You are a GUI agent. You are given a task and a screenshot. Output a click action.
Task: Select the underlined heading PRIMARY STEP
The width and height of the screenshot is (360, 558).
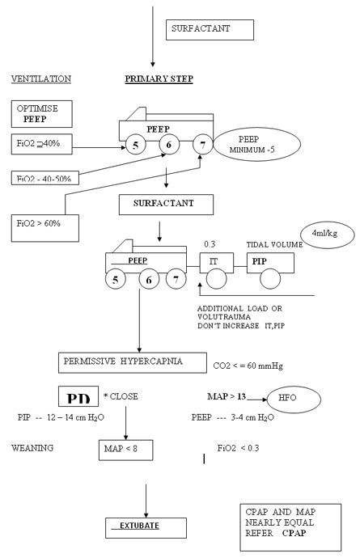pos(159,79)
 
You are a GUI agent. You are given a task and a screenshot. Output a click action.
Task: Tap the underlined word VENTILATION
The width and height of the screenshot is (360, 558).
pos(41,78)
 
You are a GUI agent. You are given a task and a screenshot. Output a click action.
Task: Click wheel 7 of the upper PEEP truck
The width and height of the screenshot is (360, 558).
pos(202,145)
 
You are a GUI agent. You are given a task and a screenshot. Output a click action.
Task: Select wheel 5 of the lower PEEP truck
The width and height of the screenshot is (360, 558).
pos(116,279)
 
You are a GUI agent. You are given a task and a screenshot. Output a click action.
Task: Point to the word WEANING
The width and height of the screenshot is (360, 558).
pos(32,448)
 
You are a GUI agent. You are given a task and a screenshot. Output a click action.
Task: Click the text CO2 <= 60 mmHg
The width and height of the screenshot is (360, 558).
pos(248,366)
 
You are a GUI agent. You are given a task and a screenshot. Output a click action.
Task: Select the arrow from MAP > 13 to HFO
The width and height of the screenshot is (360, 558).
pos(256,399)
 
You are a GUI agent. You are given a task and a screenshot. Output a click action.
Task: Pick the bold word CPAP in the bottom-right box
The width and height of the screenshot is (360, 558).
pos(294,533)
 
